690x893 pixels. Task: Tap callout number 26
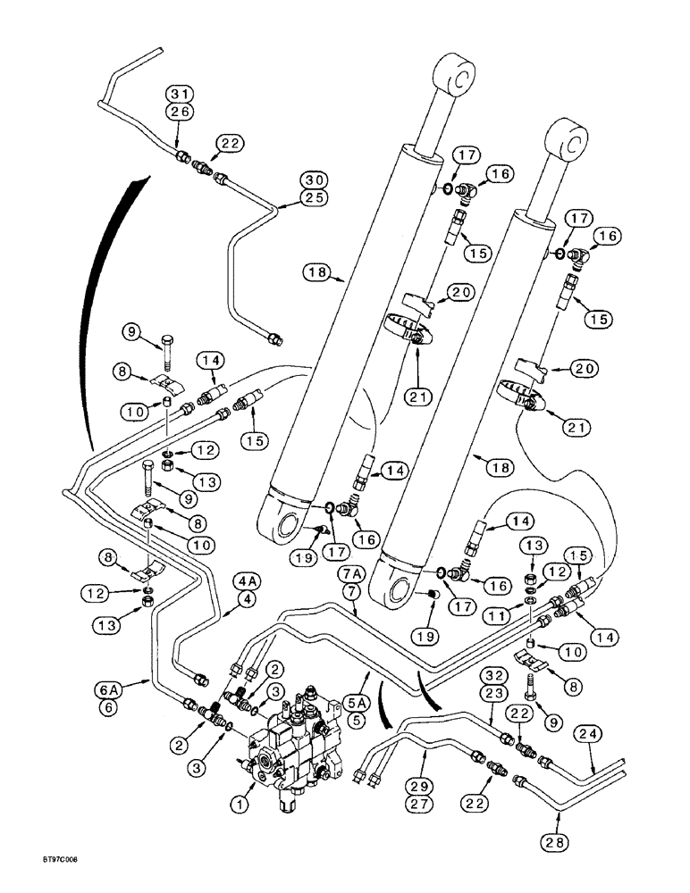tap(180, 111)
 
